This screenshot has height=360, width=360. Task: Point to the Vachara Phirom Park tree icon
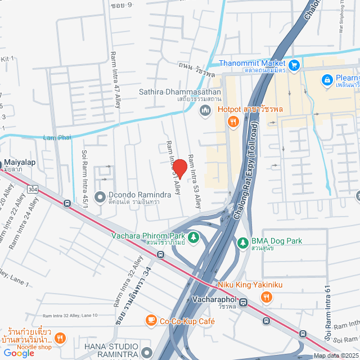(193, 238)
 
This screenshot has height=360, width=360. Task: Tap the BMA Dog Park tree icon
(242, 243)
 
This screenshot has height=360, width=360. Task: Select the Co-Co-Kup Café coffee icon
(150, 321)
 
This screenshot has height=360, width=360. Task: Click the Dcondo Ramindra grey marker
(100, 197)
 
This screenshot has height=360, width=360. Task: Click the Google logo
(19, 353)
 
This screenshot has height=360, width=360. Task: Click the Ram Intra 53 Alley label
(194, 182)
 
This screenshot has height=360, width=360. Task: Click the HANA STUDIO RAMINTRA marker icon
(147, 353)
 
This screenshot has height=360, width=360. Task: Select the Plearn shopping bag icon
(326, 81)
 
